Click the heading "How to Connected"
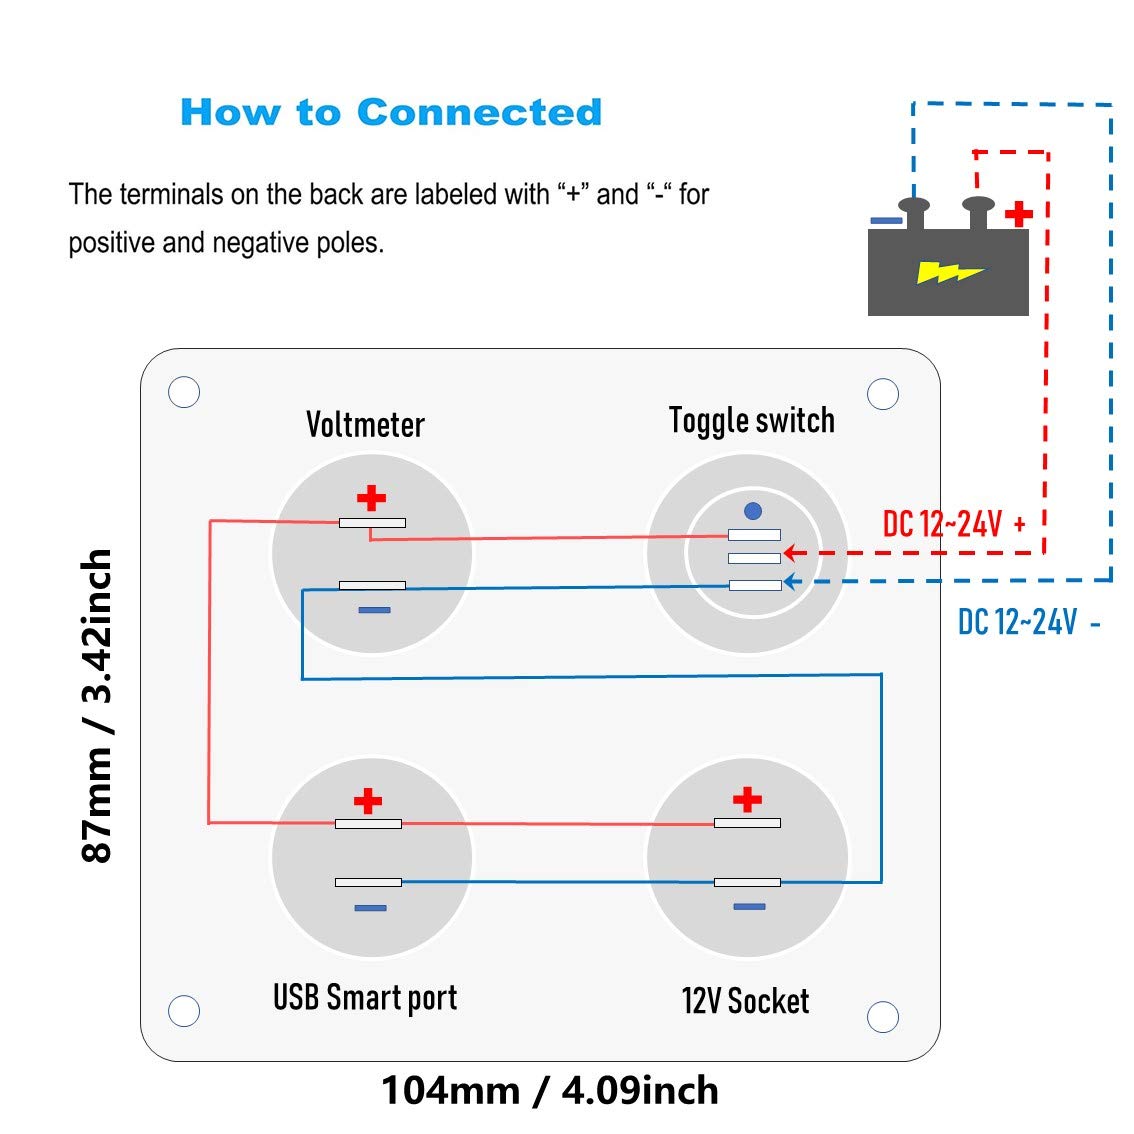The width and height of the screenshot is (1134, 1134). tap(391, 112)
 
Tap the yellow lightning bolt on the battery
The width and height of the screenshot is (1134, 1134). tap(949, 272)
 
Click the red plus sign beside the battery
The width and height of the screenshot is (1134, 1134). tap(1019, 214)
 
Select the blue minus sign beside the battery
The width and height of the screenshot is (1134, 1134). tap(886, 221)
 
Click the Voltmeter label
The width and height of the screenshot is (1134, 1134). tap(365, 425)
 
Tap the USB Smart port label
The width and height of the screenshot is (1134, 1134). tap(365, 998)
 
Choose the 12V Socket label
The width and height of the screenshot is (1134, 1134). tap(746, 1001)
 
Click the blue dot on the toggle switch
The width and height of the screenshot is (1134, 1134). tap(753, 511)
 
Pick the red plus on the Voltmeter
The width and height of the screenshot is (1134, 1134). tap(371, 498)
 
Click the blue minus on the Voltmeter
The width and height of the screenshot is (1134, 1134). tap(375, 610)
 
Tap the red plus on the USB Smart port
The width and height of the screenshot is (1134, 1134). tap(367, 801)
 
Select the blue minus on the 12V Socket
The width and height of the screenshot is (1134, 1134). tap(749, 906)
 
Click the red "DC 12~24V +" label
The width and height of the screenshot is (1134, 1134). tap(954, 524)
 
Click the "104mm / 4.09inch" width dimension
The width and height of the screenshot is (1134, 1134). tap(550, 1091)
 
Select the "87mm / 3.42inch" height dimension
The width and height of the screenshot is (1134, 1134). tap(97, 706)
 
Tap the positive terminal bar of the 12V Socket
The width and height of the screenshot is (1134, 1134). tap(747, 823)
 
